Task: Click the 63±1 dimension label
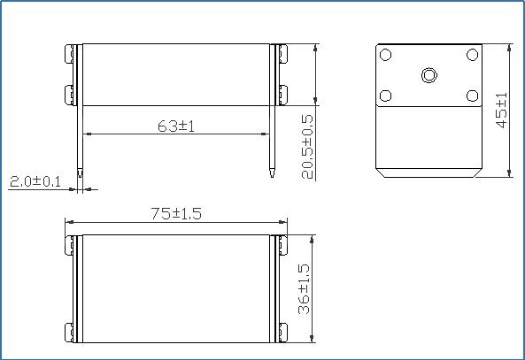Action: click(x=176, y=126)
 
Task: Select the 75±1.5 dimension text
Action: click(x=176, y=213)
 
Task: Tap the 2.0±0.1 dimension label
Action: click(x=35, y=181)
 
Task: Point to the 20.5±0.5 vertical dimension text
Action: click(x=307, y=147)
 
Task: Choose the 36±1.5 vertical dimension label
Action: click(x=304, y=288)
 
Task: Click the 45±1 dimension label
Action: click(x=501, y=110)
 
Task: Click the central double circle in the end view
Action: click(x=428, y=74)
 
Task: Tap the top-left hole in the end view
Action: click(x=386, y=55)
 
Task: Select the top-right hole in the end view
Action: click(x=473, y=55)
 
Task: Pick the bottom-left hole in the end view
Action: click(x=386, y=96)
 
